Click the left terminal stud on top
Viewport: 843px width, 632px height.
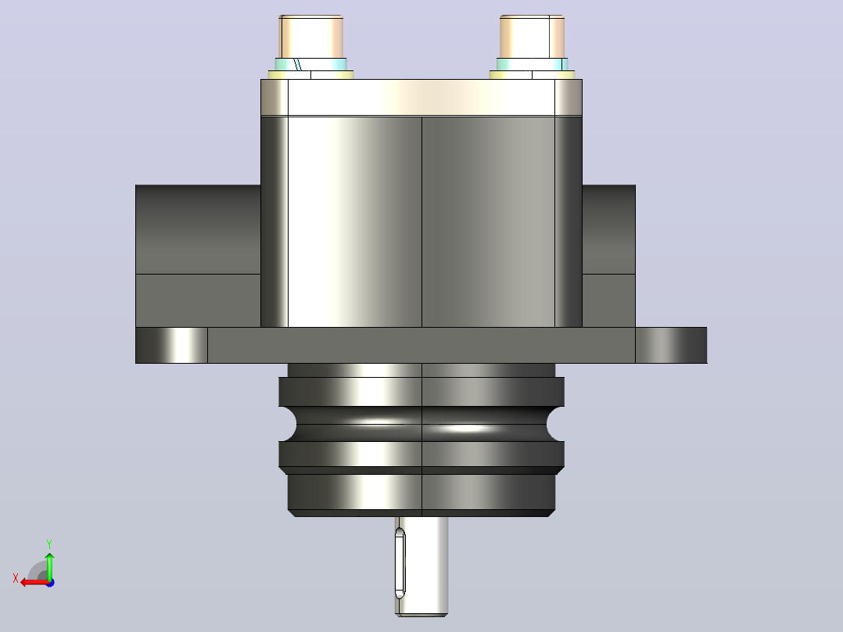click(310, 37)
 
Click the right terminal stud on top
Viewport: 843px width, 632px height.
click(532, 37)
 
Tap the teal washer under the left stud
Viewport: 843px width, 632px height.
click(310, 65)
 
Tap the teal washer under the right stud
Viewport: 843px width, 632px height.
click(532, 65)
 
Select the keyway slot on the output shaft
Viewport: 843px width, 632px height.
click(400, 563)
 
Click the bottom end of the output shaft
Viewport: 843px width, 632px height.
click(422, 614)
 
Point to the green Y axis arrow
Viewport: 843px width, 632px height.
click(49, 566)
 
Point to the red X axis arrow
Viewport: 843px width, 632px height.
click(34, 583)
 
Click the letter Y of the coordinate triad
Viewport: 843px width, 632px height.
click(49, 544)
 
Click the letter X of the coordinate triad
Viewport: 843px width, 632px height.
click(16, 578)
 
